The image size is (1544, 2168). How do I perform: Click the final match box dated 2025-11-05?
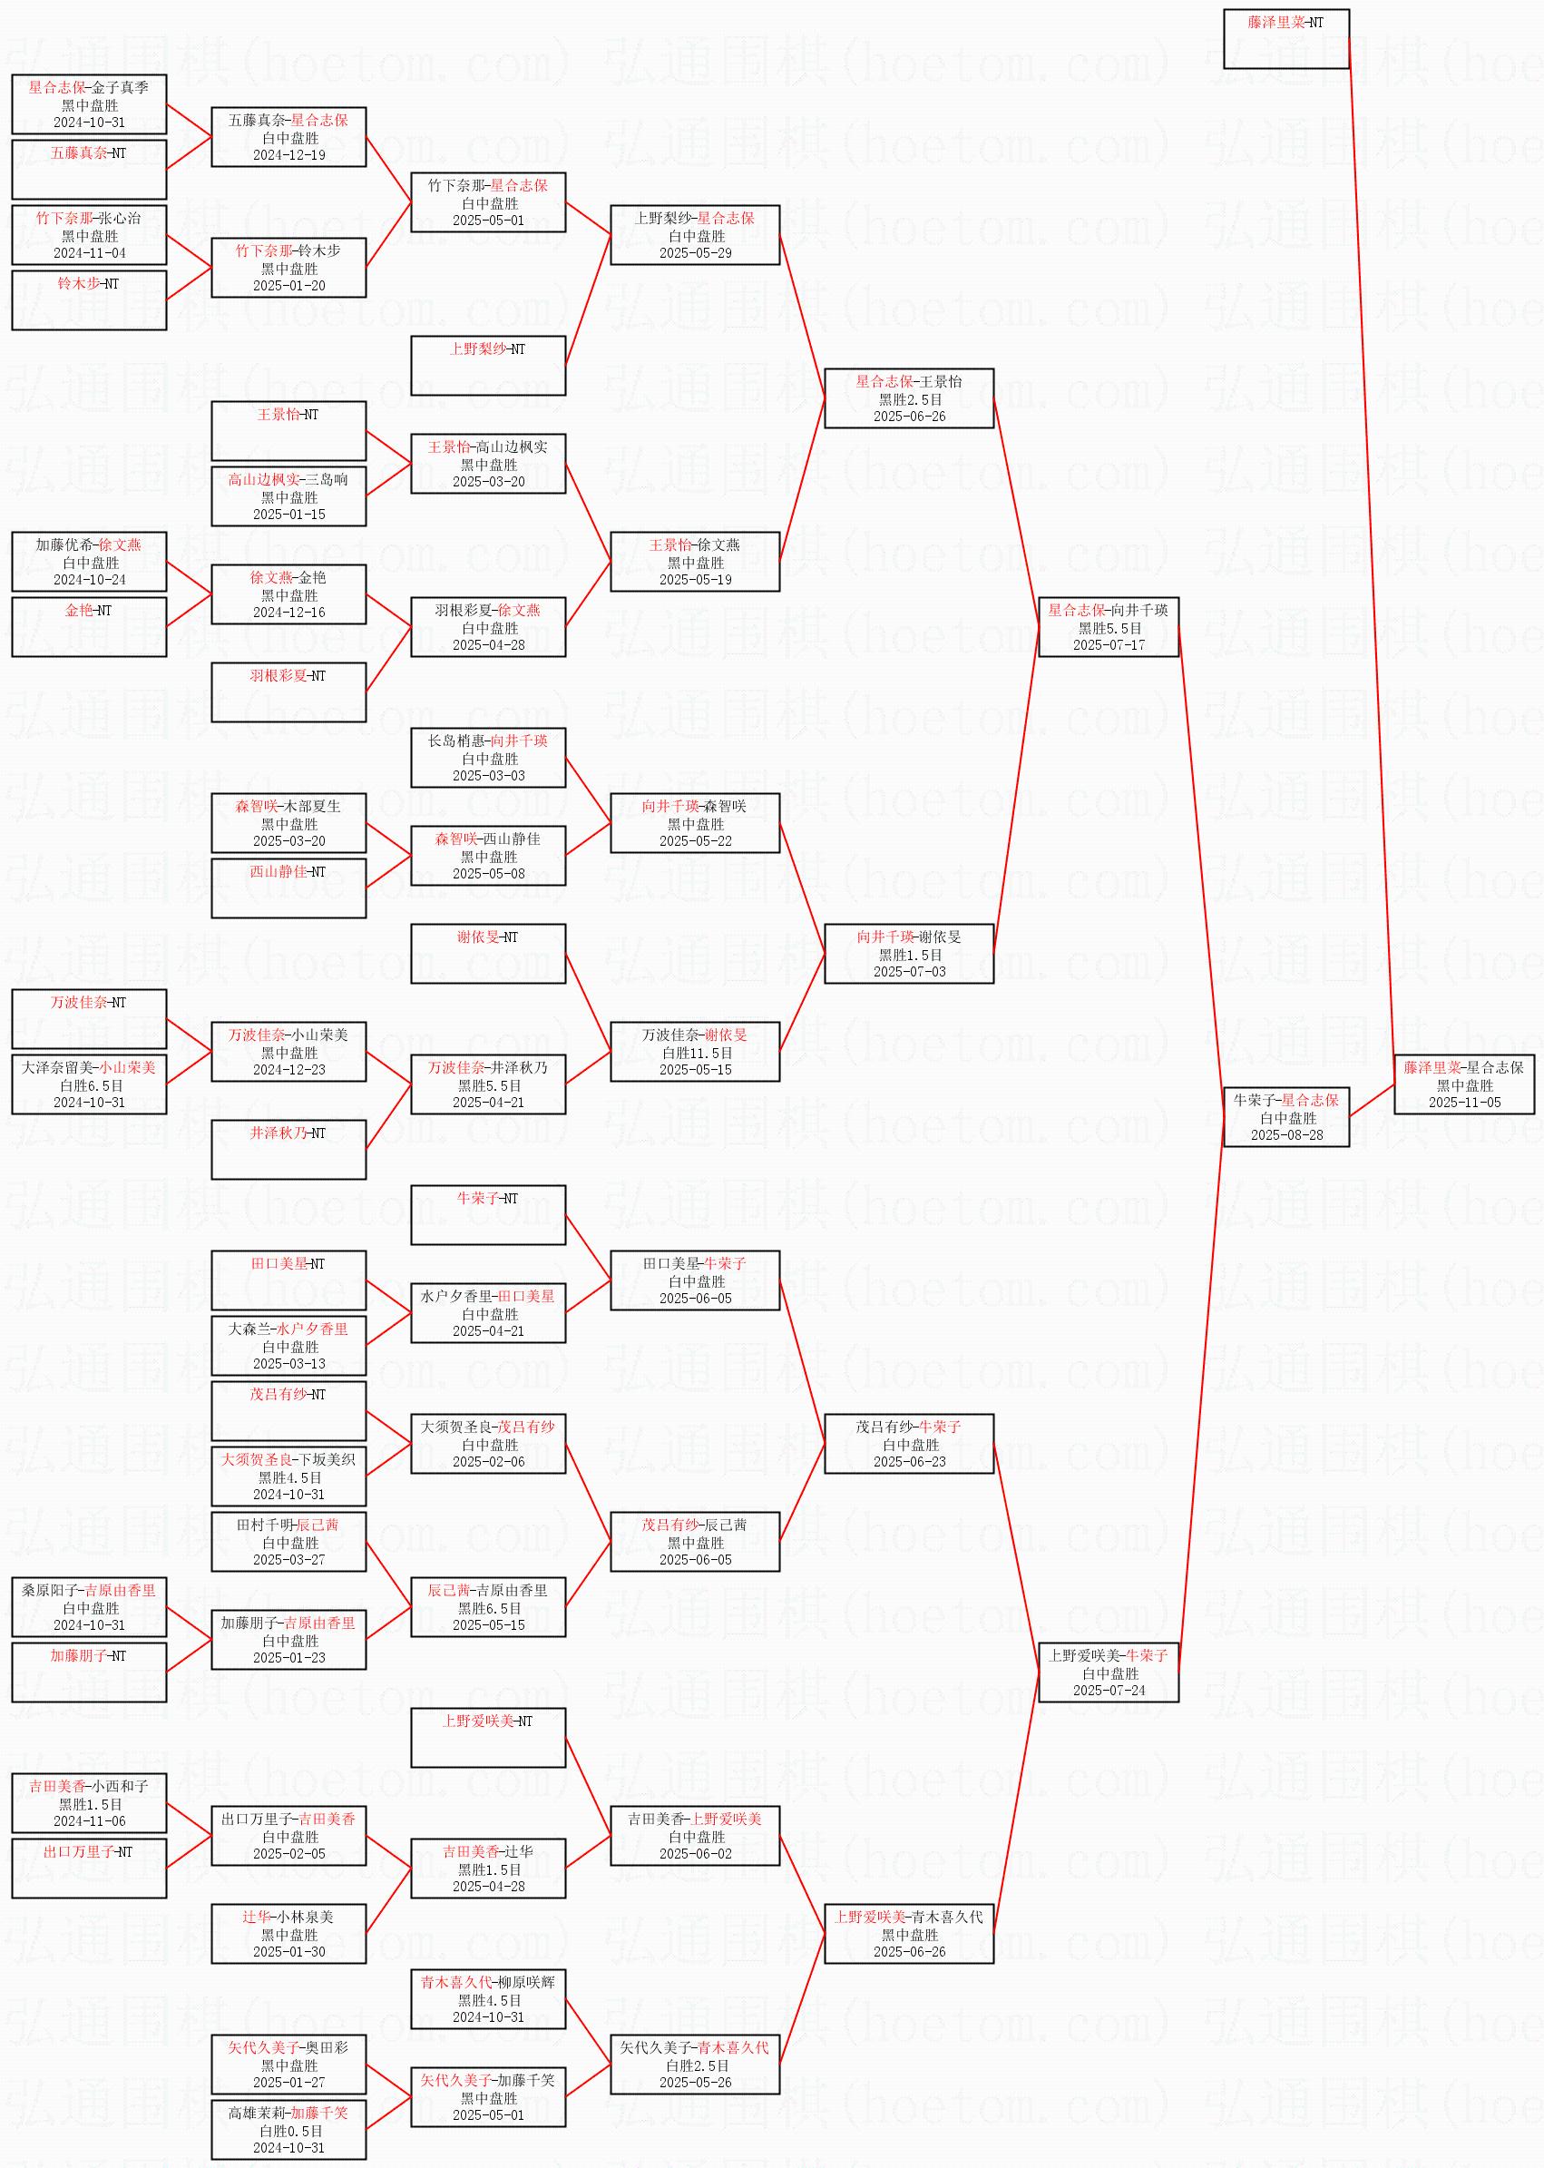(x=1464, y=1084)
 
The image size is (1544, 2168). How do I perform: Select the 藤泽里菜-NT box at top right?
(x=1286, y=39)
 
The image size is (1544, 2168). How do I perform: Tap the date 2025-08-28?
(x=1286, y=1134)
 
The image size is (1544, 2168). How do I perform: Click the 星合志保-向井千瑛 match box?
(x=1109, y=627)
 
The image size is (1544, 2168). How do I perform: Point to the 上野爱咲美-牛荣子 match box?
(x=1109, y=1673)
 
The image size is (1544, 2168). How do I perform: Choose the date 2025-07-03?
(x=909, y=971)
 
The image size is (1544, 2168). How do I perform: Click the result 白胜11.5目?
(x=697, y=1053)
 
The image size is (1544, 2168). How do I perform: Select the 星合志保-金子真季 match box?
(x=90, y=104)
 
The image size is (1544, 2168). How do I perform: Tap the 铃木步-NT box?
(x=90, y=300)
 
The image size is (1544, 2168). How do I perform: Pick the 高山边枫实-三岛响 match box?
(x=289, y=496)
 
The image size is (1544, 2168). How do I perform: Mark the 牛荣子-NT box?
(x=489, y=1215)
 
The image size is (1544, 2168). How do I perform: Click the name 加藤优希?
(x=64, y=544)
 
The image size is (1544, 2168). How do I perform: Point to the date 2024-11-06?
(x=90, y=1821)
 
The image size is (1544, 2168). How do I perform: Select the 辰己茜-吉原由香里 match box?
(x=489, y=1607)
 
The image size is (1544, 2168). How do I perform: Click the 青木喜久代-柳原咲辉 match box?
(x=489, y=1998)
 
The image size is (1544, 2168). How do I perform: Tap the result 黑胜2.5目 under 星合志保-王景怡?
(x=910, y=399)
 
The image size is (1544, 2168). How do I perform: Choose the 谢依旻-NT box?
(x=489, y=954)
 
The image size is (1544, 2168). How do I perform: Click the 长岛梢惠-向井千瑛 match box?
(x=489, y=758)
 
